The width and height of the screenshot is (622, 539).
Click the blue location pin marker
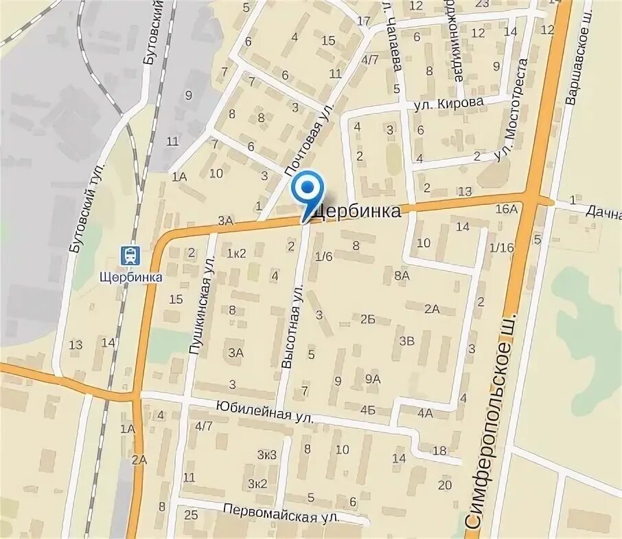coord(308,189)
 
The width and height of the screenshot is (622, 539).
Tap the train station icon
coord(129,256)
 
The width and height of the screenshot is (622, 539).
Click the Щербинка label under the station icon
coord(130,276)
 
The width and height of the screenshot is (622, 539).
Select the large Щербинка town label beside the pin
coord(356,212)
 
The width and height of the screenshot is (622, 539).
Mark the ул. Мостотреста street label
coord(514,111)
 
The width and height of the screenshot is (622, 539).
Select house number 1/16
coord(501,247)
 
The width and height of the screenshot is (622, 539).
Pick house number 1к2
coord(237,252)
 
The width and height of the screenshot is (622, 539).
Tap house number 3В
coord(407,340)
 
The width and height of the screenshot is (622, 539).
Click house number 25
coord(191,514)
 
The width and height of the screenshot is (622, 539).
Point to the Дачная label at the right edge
coord(603,212)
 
